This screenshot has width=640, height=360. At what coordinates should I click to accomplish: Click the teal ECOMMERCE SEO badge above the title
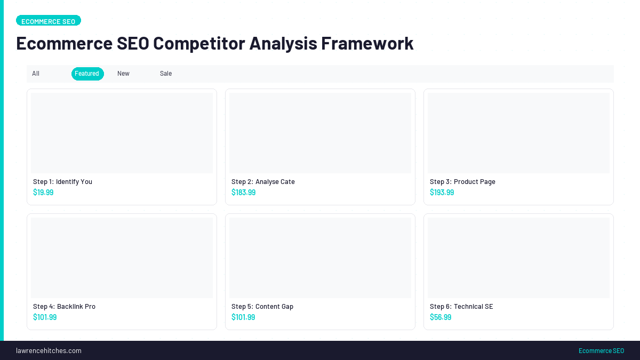49,21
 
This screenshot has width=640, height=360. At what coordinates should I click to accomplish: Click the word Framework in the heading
367,43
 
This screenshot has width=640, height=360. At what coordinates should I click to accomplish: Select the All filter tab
36,74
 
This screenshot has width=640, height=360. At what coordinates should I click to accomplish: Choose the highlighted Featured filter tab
87,74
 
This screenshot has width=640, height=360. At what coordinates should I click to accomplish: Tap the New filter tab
123,74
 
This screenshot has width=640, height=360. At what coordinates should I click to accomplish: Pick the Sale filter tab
166,74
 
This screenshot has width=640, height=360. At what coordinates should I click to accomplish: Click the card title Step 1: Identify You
62,182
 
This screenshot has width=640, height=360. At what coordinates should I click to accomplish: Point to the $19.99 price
43,193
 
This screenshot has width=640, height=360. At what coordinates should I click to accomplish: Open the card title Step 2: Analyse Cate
263,182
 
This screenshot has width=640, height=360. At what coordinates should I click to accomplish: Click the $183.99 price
243,193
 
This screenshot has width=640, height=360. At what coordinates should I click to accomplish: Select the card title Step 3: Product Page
462,182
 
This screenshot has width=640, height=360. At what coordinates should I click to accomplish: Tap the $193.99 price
442,193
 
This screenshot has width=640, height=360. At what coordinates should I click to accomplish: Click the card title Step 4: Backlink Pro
64,307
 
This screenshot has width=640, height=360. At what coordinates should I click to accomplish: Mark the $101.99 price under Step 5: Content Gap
243,317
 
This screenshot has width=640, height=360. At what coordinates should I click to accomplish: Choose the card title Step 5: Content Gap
262,307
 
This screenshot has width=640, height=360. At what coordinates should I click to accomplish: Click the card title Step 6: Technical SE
461,307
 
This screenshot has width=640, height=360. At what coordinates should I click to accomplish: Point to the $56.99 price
441,317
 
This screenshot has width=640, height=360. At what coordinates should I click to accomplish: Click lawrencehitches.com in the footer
49,351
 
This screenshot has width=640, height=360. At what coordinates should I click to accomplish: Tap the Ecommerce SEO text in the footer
601,351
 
